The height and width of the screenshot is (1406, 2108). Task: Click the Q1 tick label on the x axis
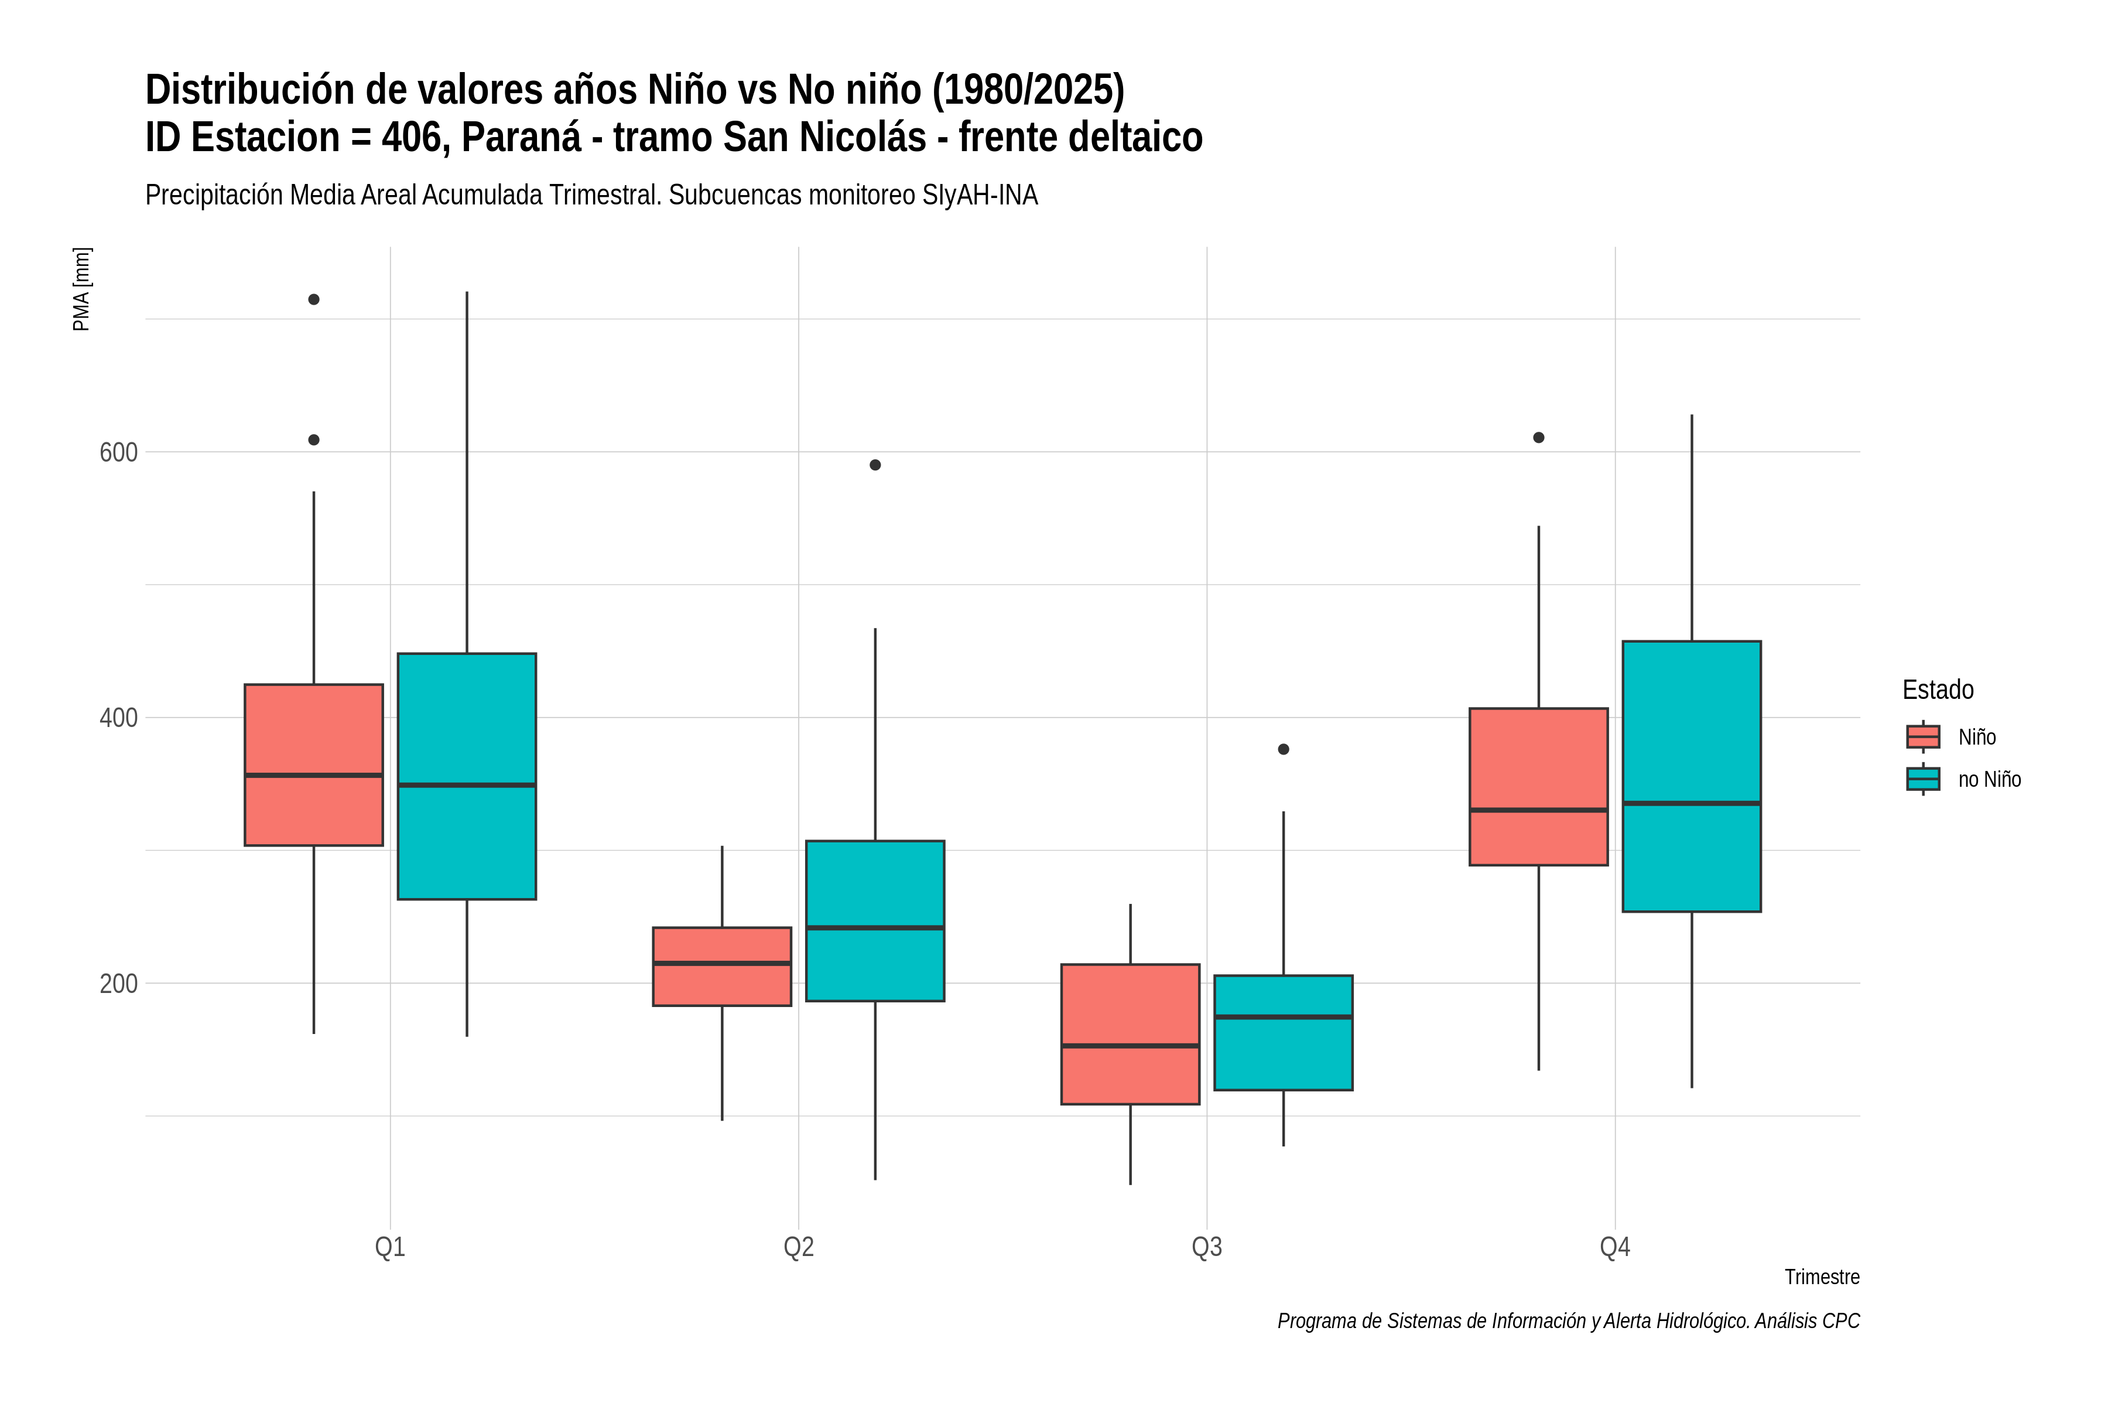pos(390,1247)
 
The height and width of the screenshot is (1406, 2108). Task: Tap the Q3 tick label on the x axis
pos(1206,1247)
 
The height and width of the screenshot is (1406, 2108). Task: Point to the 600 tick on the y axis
pos(118,452)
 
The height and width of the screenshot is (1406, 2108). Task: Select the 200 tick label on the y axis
pos(118,984)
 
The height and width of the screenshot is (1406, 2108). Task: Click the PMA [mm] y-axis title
pos(81,289)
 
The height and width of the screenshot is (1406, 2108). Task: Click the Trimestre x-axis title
pos(1821,1277)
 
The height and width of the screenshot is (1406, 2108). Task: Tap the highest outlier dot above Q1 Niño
pos(314,299)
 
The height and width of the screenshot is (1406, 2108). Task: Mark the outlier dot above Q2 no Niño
pos(875,465)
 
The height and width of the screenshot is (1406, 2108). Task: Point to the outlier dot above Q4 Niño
pos(1539,438)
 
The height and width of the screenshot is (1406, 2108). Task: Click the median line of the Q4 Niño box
pos(1539,810)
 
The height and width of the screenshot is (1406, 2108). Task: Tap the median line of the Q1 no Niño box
pos(467,784)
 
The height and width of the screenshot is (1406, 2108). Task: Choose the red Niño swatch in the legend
pos(1924,736)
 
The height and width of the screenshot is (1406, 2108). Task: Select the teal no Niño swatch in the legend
pos(1924,779)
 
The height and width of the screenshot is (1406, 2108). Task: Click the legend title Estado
pos(1938,690)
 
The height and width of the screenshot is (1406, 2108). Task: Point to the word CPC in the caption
pos(1842,1321)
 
